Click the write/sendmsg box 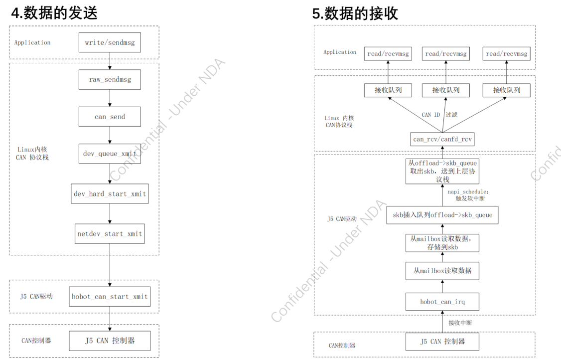pos(110,42)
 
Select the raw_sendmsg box pos(110,79)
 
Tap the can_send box pos(110,117)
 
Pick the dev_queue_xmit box pos(110,154)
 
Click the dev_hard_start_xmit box pos(110,193)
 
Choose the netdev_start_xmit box pos(110,233)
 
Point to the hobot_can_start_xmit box pos(110,297)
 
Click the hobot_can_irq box pos(442,302)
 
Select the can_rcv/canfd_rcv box pos(442,139)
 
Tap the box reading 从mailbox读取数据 pos(442,271)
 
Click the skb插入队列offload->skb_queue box pos(442,215)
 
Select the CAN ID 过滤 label pos(439,115)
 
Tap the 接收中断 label pos(460,323)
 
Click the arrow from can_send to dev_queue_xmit pos(110,135)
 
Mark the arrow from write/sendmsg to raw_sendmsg pos(110,61)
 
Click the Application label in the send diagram pos(32,42)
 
